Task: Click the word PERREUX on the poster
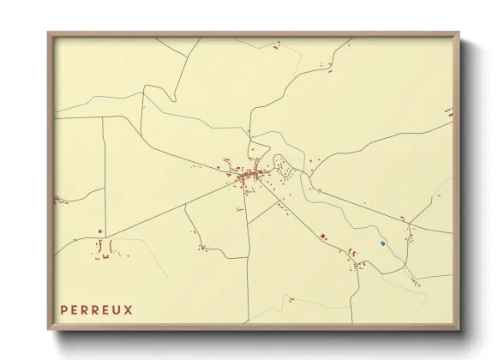[97, 309]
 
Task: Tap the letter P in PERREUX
[64, 309]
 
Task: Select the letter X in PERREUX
[129, 309]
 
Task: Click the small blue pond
[382, 244]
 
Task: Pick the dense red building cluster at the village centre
[247, 176]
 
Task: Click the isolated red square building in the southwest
[100, 231]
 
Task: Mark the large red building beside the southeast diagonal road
[323, 235]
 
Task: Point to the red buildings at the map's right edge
[448, 111]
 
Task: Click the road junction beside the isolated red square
[105, 235]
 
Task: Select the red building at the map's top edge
[277, 44]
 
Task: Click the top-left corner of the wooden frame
[49, 33]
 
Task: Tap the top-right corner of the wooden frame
[459, 33]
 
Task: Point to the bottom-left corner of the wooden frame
[49, 331]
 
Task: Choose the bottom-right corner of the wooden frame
[459, 331]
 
